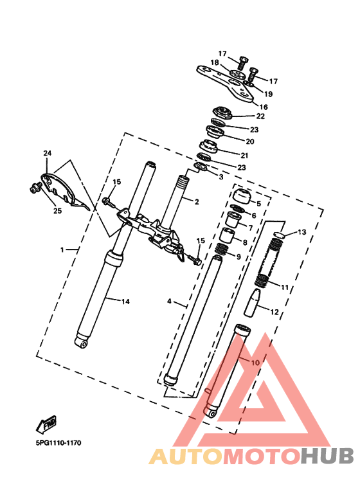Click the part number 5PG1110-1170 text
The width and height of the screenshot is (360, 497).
click(59, 443)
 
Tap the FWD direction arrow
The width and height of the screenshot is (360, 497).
click(46, 424)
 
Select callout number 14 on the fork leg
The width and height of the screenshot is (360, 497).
click(126, 302)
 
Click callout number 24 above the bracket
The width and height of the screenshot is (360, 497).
click(47, 154)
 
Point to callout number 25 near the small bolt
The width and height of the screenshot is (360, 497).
click(57, 211)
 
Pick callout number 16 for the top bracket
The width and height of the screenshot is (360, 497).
click(264, 107)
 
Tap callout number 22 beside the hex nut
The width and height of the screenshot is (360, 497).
click(260, 116)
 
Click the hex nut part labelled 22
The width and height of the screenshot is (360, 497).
click(222, 113)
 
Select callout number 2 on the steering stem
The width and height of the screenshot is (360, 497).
click(197, 202)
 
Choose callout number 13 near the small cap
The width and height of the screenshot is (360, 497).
click(302, 232)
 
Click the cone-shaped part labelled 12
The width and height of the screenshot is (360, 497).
click(252, 303)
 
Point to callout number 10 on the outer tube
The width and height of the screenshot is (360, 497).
click(255, 362)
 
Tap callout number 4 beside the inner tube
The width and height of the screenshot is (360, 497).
click(170, 301)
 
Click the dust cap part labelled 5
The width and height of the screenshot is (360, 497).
click(242, 196)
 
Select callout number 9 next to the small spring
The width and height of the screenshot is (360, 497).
click(239, 257)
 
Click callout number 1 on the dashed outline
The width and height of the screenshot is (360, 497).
click(62, 249)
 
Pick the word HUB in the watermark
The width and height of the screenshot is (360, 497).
click(327, 456)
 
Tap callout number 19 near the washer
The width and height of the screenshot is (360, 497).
click(268, 94)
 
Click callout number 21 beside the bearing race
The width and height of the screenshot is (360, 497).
click(244, 156)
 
